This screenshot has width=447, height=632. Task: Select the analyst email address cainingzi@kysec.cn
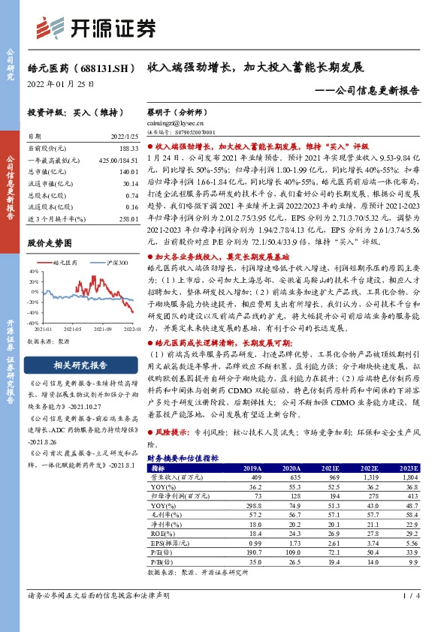pyautogui.click(x=174, y=122)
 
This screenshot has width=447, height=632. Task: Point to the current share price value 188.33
pyautogui.click(x=128, y=150)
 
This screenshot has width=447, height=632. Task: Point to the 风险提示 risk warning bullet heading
pyautogui.click(x=169, y=433)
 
